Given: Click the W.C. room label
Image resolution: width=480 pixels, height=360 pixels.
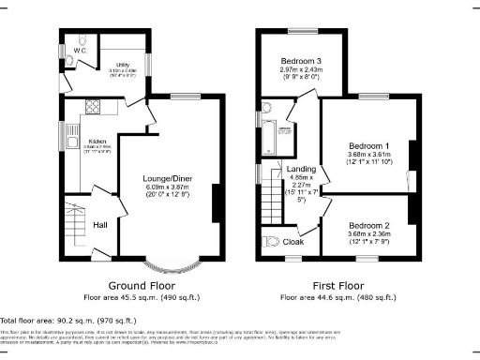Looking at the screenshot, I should [78, 51].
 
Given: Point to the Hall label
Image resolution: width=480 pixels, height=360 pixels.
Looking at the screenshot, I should [100, 225].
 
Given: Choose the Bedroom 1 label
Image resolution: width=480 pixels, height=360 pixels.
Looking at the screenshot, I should [370, 146].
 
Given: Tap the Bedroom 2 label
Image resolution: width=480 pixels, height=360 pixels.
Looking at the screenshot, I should [369, 226].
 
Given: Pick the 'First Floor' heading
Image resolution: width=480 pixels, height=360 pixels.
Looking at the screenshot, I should [343, 284].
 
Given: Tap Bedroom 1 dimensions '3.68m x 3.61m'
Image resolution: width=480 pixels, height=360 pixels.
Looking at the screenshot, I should [370, 157].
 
